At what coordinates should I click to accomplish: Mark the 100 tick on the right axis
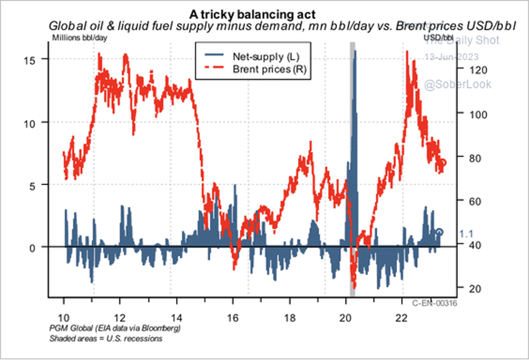(472, 114)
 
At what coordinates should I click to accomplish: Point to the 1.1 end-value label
(466, 234)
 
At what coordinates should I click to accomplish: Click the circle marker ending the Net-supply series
(440, 232)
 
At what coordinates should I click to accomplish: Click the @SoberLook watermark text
(458, 84)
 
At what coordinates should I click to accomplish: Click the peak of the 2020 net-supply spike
(355, 51)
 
